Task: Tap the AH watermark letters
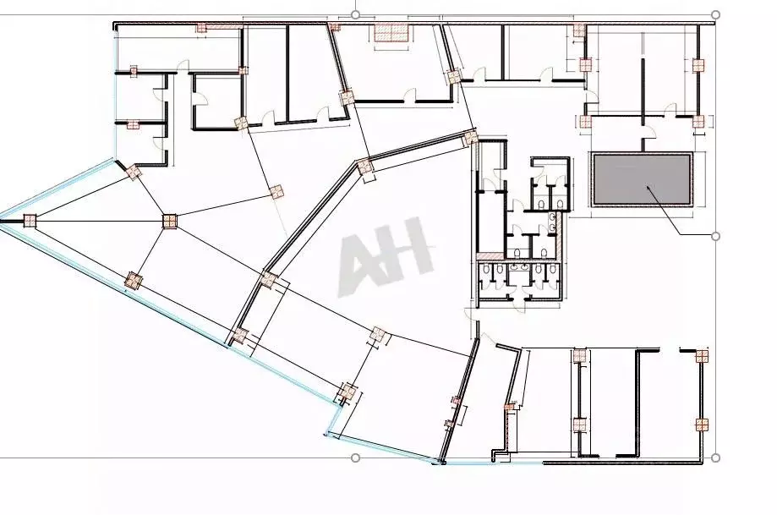tap(386, 255)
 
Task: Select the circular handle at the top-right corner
tap(716, 14)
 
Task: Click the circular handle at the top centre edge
tap(355, 14)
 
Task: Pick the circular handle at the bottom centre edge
tap(355, 458)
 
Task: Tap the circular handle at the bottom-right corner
tap(716, 458)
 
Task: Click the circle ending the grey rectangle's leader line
tap(716, 235)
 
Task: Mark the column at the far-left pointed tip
tap(30, 222)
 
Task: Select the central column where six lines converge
tap(169, 222)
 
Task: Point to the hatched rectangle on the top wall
tap(392, 33)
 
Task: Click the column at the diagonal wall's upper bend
tap(364, 167)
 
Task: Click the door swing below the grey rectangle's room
tap(649, 135)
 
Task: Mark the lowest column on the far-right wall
tap(701, 423)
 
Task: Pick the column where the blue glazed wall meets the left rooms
tap(134, 173)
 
